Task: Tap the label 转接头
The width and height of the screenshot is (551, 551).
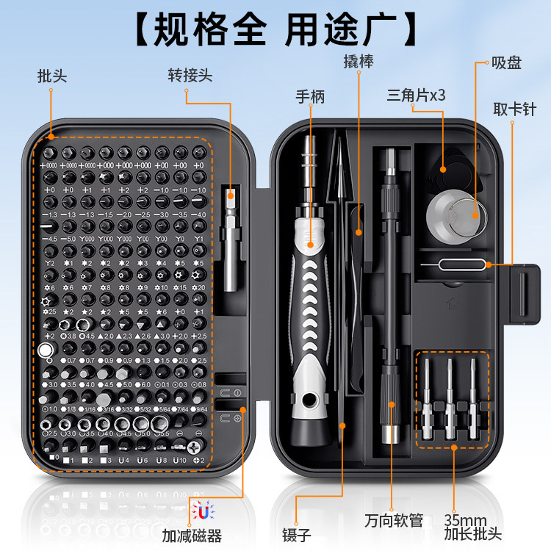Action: coord(190,76)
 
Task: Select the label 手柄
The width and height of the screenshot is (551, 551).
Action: coord(310,97)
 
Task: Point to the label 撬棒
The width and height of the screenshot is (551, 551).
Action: coord(359,61)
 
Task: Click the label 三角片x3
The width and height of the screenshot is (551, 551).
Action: coord(417,96)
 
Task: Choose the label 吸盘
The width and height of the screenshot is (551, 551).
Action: coord(505,63)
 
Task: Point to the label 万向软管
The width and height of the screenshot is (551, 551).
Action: coord(394,521)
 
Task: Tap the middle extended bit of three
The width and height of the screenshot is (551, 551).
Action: coord(450,397)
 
